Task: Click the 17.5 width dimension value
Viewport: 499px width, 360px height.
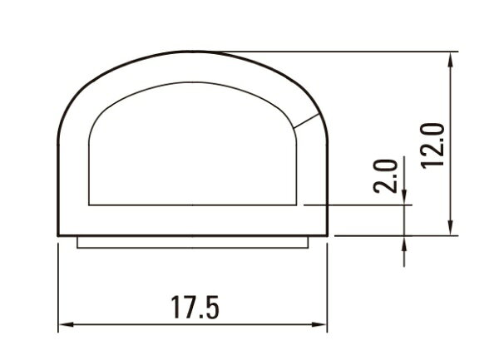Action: tap(195, 308)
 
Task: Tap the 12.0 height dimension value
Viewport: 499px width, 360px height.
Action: tap(432, 145)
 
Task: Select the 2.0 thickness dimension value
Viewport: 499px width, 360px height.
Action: tap(385, 176)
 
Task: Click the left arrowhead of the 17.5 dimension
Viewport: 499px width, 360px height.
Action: tap(67, 325)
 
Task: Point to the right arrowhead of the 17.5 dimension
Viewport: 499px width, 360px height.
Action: tap(319, 325)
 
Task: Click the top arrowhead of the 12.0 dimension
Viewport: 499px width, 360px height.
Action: tap(450, 60)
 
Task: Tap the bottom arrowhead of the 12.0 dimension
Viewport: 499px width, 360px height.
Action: tap(450, 228)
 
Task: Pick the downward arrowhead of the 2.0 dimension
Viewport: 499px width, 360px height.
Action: tap(404, 197)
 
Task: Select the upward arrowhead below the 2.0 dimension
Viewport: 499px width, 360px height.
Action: tap(404, 244)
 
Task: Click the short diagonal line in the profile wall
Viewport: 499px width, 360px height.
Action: tap(306, 121)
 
